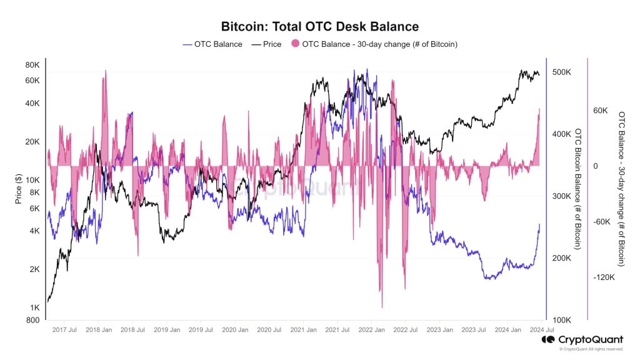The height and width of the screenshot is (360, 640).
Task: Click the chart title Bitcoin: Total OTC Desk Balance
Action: click(320, 26)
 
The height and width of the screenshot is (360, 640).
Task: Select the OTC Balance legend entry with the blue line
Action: click(212, 44)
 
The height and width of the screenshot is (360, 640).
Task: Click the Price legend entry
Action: click(266, 44)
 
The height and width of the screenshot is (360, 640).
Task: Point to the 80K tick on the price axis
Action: click(32, 65)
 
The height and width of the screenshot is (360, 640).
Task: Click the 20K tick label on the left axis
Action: click(32, 142)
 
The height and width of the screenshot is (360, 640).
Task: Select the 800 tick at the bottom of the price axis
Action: click(34, 321)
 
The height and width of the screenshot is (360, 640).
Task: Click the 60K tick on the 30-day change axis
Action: click(600, 111)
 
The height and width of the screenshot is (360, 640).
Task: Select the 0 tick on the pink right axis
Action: click(595, 166)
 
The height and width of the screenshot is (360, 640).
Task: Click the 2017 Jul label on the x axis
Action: click(64, 329)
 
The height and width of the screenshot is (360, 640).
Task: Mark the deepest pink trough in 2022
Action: click(382, 306)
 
